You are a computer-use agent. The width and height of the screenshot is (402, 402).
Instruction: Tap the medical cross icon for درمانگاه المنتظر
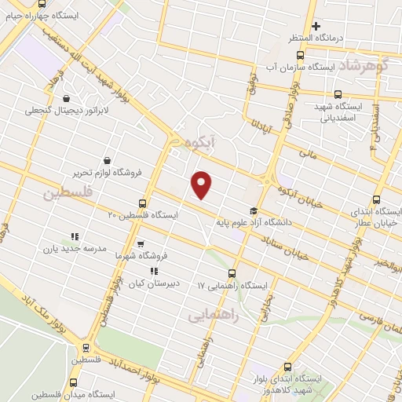point(316,27)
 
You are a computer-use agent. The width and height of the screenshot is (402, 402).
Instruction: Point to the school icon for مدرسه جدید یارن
point(75,236)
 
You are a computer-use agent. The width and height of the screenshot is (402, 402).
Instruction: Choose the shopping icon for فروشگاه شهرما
point(141,243)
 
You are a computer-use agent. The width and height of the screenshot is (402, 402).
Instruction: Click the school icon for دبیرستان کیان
point(144,272)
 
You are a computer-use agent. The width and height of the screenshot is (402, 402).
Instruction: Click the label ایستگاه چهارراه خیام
point(35,13)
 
